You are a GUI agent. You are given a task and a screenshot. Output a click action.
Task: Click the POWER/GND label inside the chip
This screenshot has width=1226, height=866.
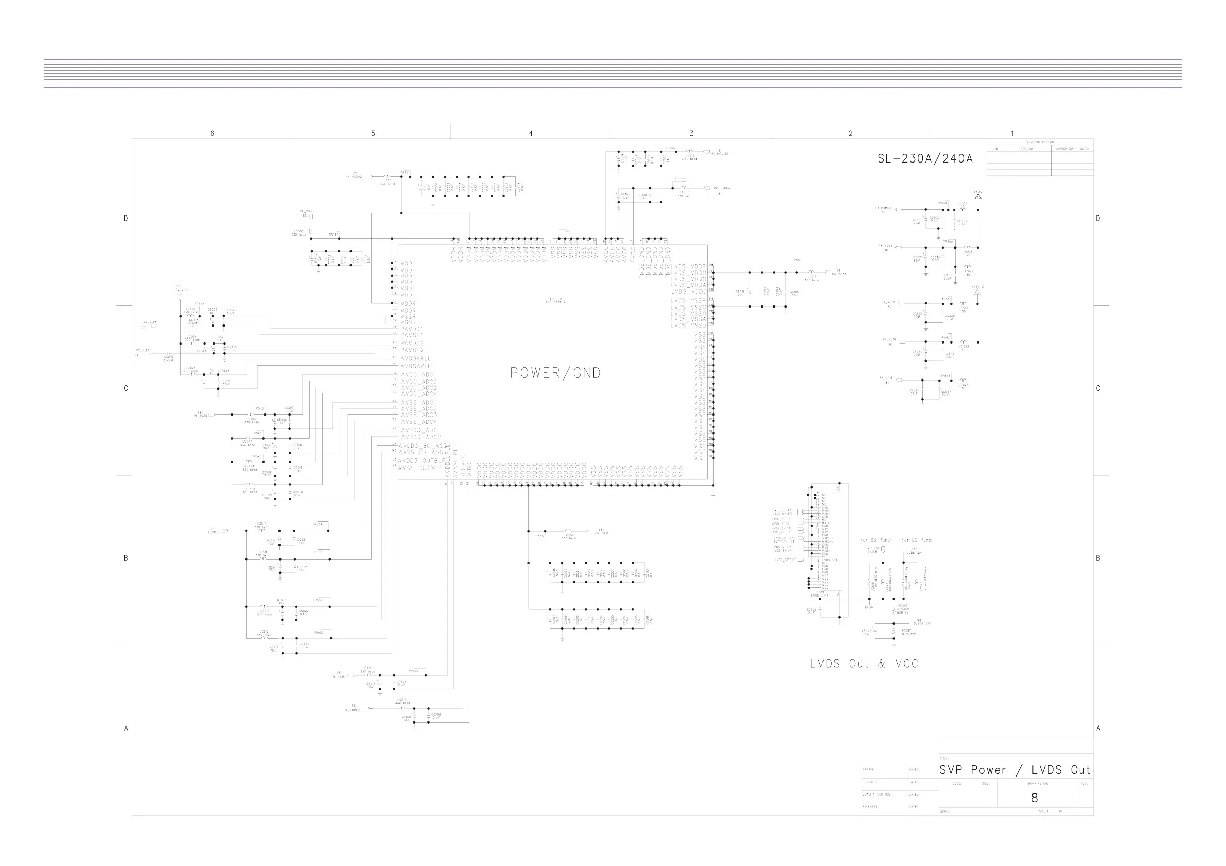pos(555,372)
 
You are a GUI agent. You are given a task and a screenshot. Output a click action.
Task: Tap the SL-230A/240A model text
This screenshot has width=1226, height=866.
pos(925,158)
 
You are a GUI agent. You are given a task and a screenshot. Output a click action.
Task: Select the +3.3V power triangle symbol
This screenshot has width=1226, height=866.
pos(978,196)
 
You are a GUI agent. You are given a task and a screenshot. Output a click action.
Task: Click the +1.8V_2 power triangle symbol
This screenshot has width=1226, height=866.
pos(978,292)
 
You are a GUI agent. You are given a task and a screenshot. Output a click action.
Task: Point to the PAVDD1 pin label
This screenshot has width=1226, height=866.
pos(419,329)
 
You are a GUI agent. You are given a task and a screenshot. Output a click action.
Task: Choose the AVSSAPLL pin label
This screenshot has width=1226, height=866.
pos(416,366)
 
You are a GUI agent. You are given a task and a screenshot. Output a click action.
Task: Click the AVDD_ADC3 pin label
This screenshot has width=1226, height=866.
pos(418,388)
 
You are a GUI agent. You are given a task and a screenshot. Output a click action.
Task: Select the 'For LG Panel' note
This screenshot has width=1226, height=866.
pos(916,540)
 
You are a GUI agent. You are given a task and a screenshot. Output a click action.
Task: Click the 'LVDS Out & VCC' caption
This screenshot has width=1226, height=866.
pos(864,664)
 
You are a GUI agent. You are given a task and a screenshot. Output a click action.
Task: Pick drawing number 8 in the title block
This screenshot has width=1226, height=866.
pos(1035,798)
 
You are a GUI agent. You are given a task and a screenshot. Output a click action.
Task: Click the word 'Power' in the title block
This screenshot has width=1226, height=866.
pos(988,770)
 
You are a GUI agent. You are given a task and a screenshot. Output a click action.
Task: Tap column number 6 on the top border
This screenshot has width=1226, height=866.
pos(212,133)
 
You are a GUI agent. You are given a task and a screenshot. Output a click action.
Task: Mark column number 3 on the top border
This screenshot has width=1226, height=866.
pos(692,133)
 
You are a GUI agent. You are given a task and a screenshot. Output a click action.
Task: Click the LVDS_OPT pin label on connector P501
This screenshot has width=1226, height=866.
pos(829,560)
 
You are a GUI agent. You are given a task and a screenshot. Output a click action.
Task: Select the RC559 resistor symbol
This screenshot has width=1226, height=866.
pos(894,609)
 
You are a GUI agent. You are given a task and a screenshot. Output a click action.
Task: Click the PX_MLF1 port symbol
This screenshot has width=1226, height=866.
pos(155,323)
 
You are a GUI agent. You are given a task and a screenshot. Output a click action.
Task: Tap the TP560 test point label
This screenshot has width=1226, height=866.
pos(948,242)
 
